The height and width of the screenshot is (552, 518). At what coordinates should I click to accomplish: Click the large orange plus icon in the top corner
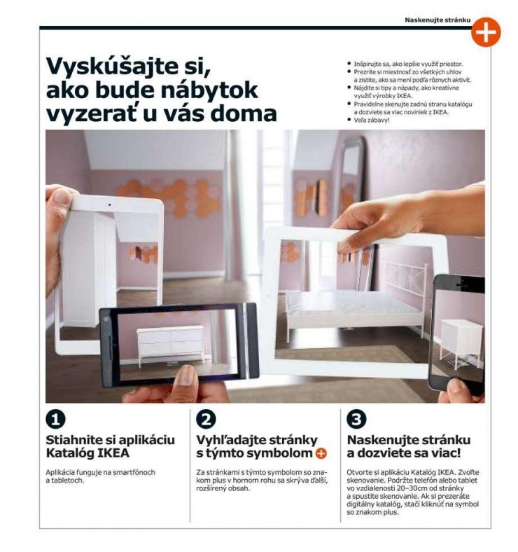(x=485, y=32)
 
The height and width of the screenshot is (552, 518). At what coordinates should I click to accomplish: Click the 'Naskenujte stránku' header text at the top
(x=437, y=20)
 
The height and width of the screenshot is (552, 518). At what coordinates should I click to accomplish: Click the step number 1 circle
(x=55, y=419)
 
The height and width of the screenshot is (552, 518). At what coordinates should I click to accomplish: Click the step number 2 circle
(x=206, y=419)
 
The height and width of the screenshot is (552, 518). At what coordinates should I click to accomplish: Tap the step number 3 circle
(x=357, y=419)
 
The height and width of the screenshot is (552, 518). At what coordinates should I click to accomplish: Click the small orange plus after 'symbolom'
(x=321, y=454)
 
